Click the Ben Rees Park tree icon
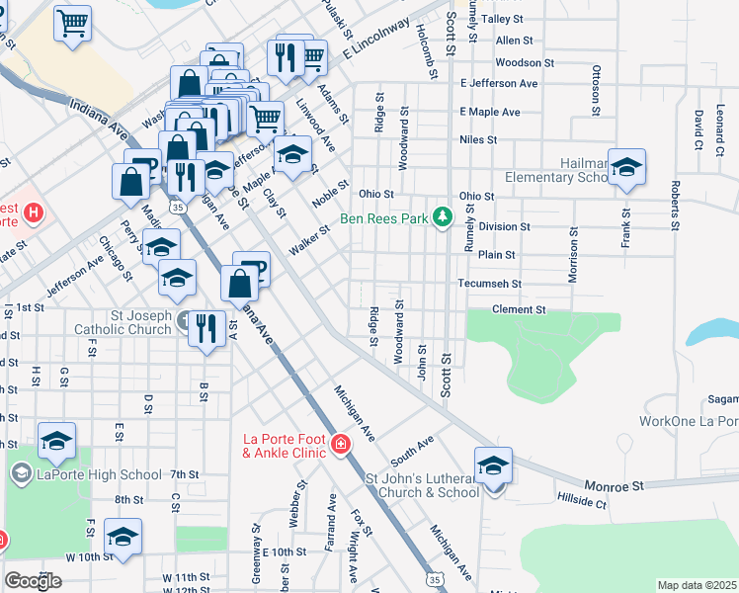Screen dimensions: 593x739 click(x=445, y=217)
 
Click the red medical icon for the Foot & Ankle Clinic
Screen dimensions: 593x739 click(x=340, y=444)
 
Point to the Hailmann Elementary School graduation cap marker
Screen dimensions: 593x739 click(x=626, y=166)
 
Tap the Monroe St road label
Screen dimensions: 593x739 click(x=613, y=486)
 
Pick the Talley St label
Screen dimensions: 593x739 click(x=501, y=19)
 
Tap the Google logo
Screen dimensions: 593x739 click(x=33, y=580)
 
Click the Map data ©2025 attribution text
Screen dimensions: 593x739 click(x=697, y=585)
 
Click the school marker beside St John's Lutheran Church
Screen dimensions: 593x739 click(x=494, y=465)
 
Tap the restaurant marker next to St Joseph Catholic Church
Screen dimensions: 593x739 click(x=205, y=326)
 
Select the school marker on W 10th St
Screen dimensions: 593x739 click(x=123, y=537)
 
